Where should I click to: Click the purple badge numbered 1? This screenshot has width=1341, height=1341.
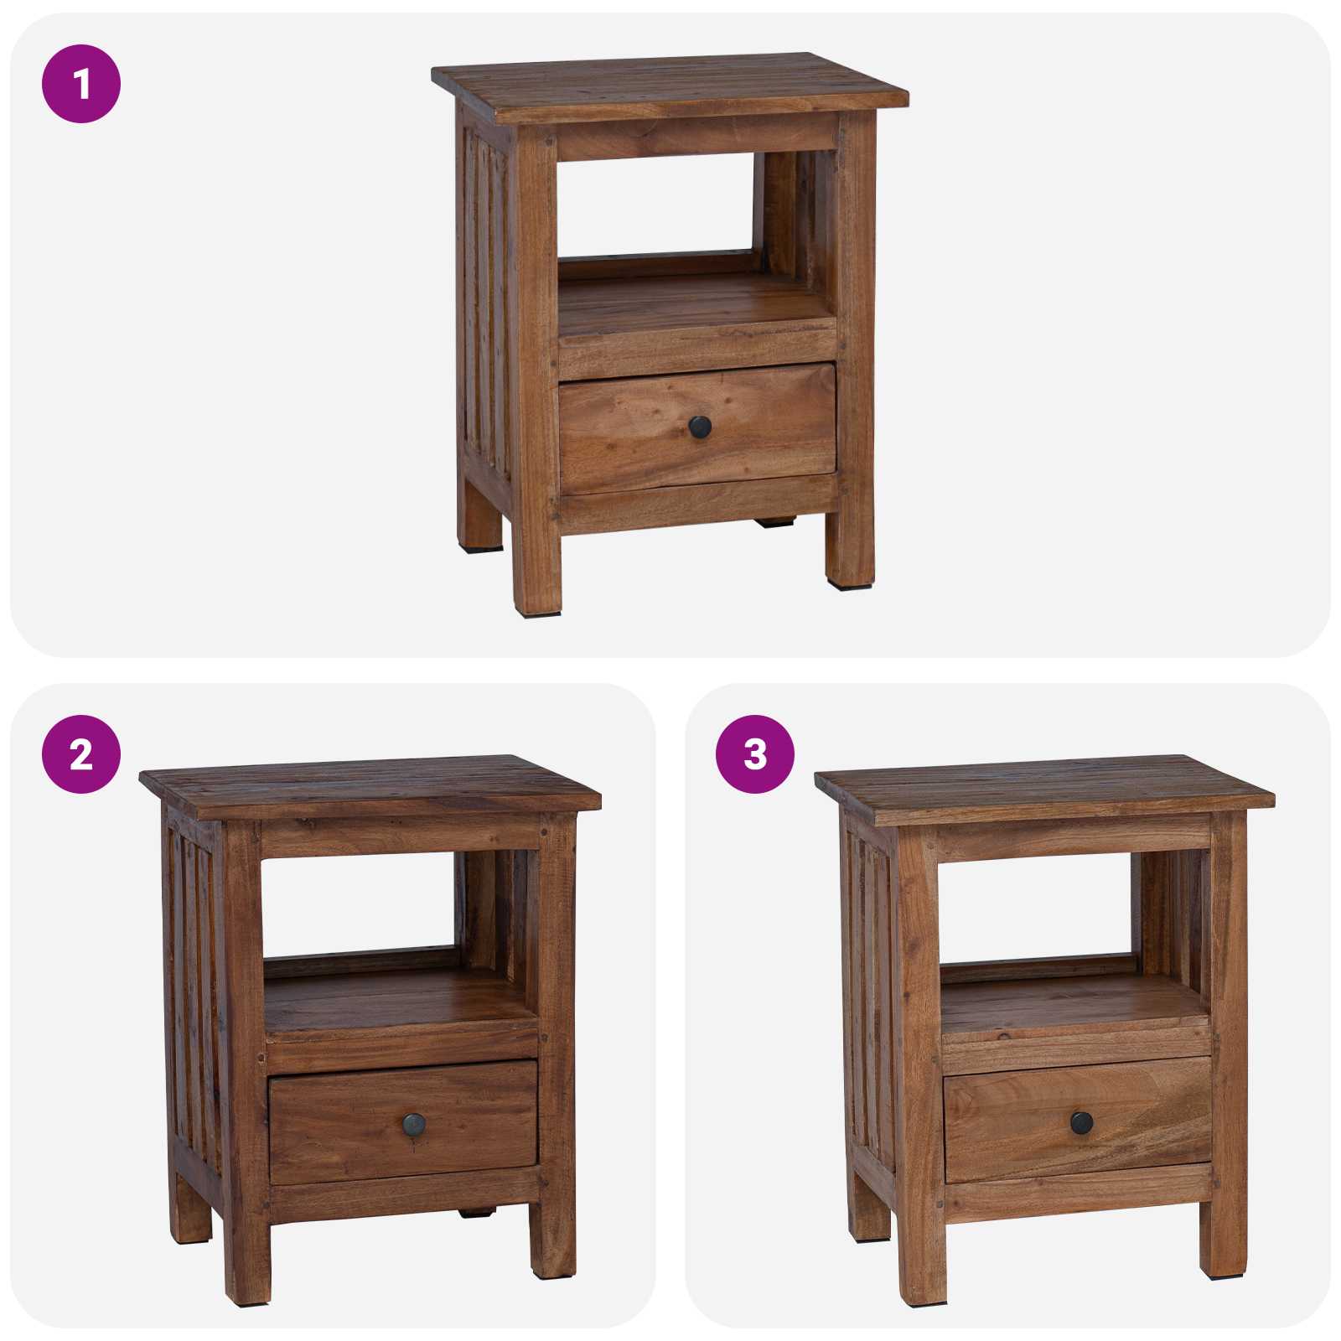[x=81, y=84]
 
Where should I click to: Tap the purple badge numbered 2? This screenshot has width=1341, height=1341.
[x=81, y=754]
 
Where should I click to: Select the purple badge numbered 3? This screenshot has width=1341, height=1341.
[x=755, y=754]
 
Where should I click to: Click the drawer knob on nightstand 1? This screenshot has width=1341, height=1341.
[x=700, y=427]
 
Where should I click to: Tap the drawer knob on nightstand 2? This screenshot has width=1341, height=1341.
[x=414, y=1125]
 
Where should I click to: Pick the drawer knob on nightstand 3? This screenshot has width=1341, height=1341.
[x=1081, y=1122]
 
